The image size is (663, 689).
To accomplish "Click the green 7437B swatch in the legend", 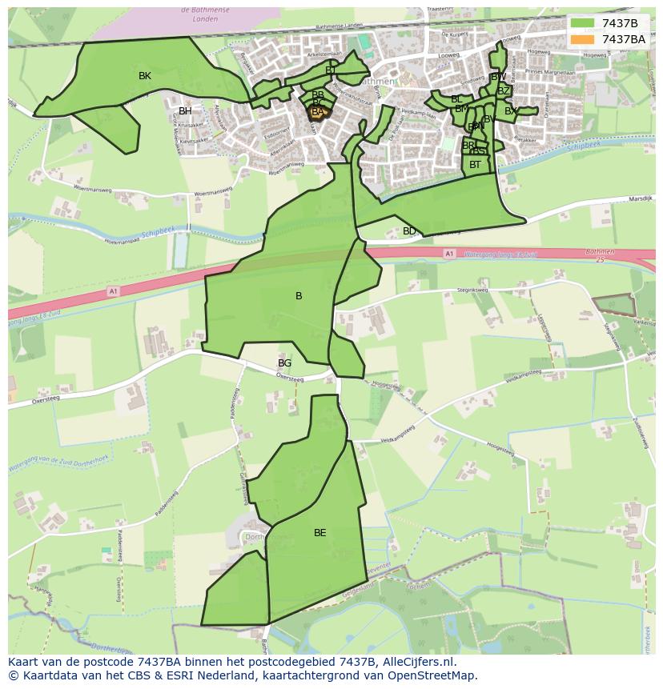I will click(583, 23).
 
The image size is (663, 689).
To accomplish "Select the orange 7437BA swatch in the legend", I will click(583, 39).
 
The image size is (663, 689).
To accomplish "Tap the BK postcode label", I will click(145, 76).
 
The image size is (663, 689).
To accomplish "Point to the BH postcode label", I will click(185, 111).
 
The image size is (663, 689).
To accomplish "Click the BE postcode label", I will click(320, 533).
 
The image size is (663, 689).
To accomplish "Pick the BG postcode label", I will click(284, 363).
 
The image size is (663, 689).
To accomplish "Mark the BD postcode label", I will click(409, 231).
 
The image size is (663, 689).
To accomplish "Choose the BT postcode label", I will click(476, 165).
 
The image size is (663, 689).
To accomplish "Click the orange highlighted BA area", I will click(318, 113).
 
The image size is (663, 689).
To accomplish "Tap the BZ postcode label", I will click(504, 91).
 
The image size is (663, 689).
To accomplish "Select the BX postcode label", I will click(511, 111).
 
